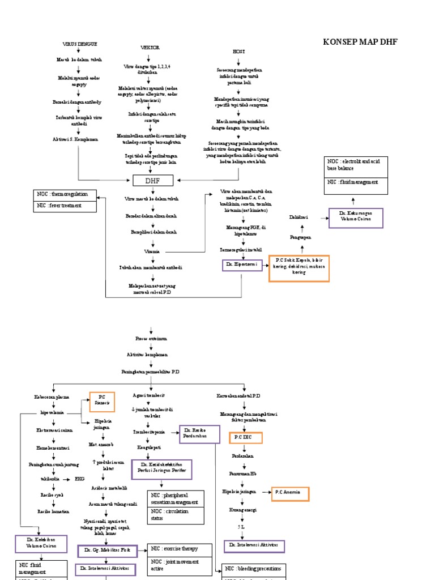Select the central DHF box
click(x=151, y=181)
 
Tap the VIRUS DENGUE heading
click(x=79, y=44)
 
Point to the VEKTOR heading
click(x=150, y=48)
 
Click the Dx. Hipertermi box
click(x=242, y=265)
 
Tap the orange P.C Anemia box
click(x=290, y=493)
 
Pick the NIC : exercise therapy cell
click(x=179, y=549)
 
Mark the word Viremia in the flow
click(x=152, y=251)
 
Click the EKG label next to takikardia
click(x=80, y=479)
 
